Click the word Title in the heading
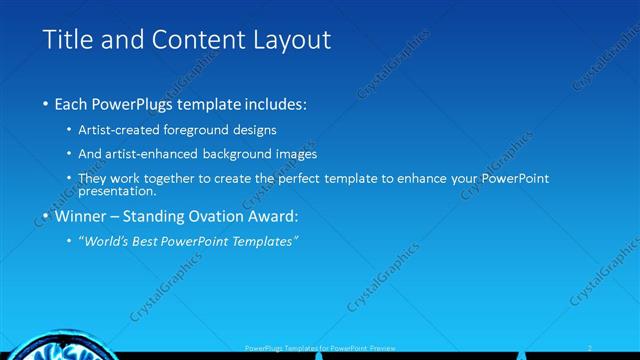67,40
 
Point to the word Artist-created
126,130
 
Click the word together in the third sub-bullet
181,178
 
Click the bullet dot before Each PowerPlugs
45,104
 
